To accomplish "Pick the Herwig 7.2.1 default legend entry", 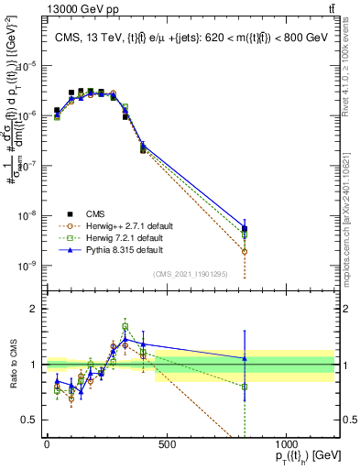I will tap(125, 236).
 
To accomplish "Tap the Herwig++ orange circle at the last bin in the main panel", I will tap(245, 251).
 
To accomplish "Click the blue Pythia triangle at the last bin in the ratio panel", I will tap(245, 358).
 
